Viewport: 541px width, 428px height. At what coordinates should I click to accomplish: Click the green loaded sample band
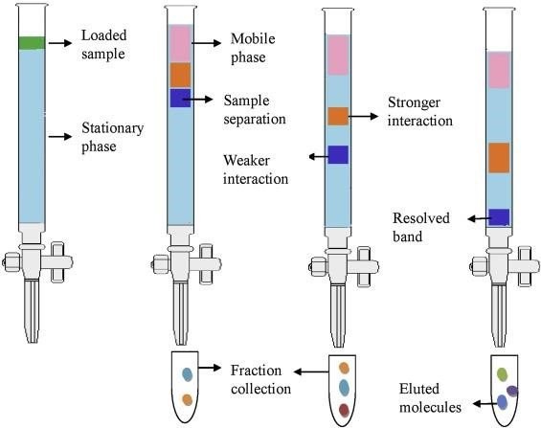(x=32, y=43)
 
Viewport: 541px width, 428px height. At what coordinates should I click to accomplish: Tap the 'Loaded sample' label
(x=103, y=44)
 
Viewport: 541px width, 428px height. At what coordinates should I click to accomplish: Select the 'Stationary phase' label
(x=112, y=137)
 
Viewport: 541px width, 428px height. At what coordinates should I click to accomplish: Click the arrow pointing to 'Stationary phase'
(x=60, y=137)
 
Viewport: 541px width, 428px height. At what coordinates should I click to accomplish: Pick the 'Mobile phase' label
(x=253, y=48)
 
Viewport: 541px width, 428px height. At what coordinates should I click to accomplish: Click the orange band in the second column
(x=180, y=75)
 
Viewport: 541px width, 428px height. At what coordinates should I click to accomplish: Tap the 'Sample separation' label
(x=255, y=110)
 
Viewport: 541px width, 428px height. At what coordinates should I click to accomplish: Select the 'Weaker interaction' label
(x=256, y=169)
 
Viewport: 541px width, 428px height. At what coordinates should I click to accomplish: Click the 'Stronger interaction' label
(x=420, y=111)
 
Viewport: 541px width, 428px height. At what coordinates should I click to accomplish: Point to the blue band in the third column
(x=338, y=154)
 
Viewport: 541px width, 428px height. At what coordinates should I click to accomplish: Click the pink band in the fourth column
(x=499, y=70)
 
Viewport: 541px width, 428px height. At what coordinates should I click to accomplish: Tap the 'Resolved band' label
(x=421, y=227)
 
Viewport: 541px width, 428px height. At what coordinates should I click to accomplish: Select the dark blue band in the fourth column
(x=499, y=217)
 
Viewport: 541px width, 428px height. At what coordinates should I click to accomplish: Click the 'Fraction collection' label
(x=260, y=380)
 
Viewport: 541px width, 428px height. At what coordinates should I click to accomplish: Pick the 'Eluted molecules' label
(x=430, y=398)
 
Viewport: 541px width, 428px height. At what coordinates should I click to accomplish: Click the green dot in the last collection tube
(x=502, y=374)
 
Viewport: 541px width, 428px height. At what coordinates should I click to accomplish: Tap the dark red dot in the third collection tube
(x=344, y=410)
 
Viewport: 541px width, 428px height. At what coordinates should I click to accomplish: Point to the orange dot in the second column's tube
(x=188, y=400)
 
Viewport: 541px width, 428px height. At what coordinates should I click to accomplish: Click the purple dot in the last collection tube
(x=512, y=391)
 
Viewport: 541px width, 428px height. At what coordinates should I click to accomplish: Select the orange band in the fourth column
(x=499, y=158)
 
